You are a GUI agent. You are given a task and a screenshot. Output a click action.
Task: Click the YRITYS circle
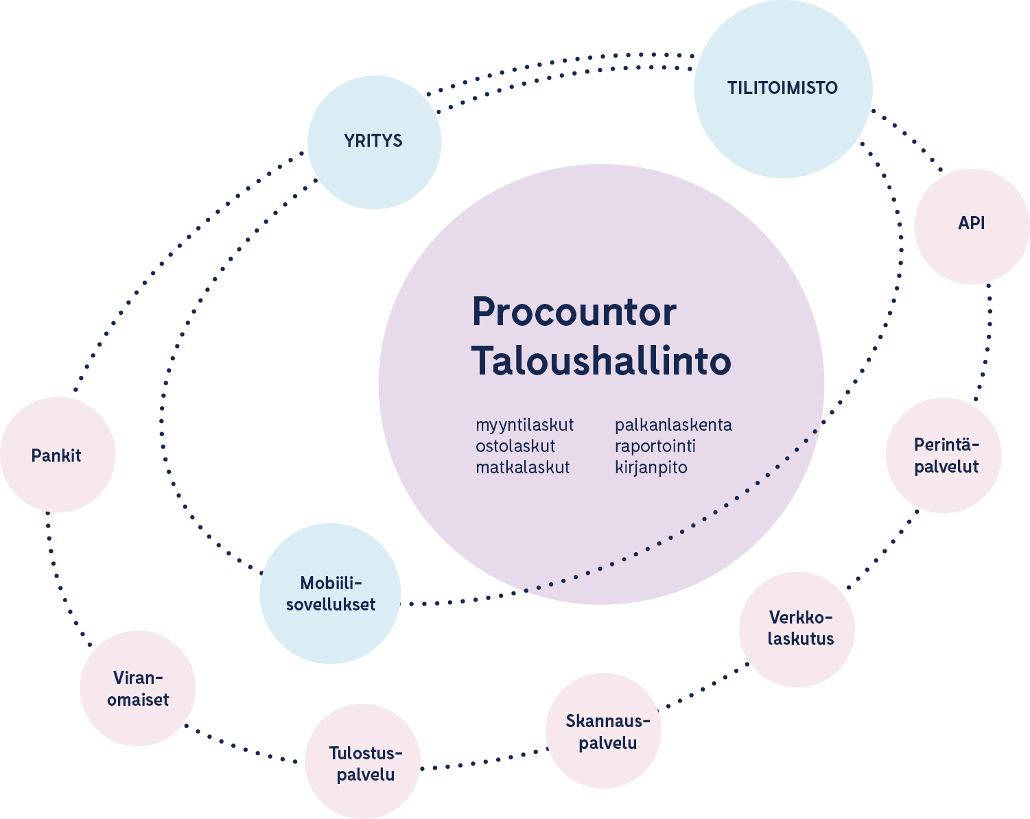[x=374, y=142]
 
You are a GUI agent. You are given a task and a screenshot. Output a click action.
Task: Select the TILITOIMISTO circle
[x=783, y=89]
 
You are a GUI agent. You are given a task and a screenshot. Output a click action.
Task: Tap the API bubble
[x=972, y=226]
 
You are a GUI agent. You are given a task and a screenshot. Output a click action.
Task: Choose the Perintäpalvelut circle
[x=944, y=455]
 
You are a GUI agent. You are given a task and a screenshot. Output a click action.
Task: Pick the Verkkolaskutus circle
[x=797, y=629]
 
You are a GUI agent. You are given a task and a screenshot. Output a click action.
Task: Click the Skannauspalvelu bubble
[x=604, y=731]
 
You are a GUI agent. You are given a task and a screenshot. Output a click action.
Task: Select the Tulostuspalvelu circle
[x=363, y=762]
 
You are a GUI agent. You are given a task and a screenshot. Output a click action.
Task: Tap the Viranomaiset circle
[x=138, y=688]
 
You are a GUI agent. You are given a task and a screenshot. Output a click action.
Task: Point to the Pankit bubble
[x=58, y=455]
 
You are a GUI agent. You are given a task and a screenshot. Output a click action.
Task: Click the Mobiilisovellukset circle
[x=330, y=593]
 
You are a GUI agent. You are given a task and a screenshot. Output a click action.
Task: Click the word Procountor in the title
[x=574, y=313]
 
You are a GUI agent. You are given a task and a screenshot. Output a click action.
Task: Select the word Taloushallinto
[x=601, y=361]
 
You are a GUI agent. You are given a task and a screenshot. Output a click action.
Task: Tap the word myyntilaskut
[x=524, y=425]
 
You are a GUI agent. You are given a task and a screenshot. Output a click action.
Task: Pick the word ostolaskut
[x=515, y=447]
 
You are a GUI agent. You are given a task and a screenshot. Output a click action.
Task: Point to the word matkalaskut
[x=522, y=468]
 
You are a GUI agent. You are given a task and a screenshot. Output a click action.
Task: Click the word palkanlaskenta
[x=673, y=425]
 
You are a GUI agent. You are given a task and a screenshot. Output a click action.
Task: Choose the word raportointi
[x=655, y=447]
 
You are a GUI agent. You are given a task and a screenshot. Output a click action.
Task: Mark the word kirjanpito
[x=651, y=468]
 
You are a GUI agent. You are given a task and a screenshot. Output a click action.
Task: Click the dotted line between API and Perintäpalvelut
[x=988, y=343]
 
